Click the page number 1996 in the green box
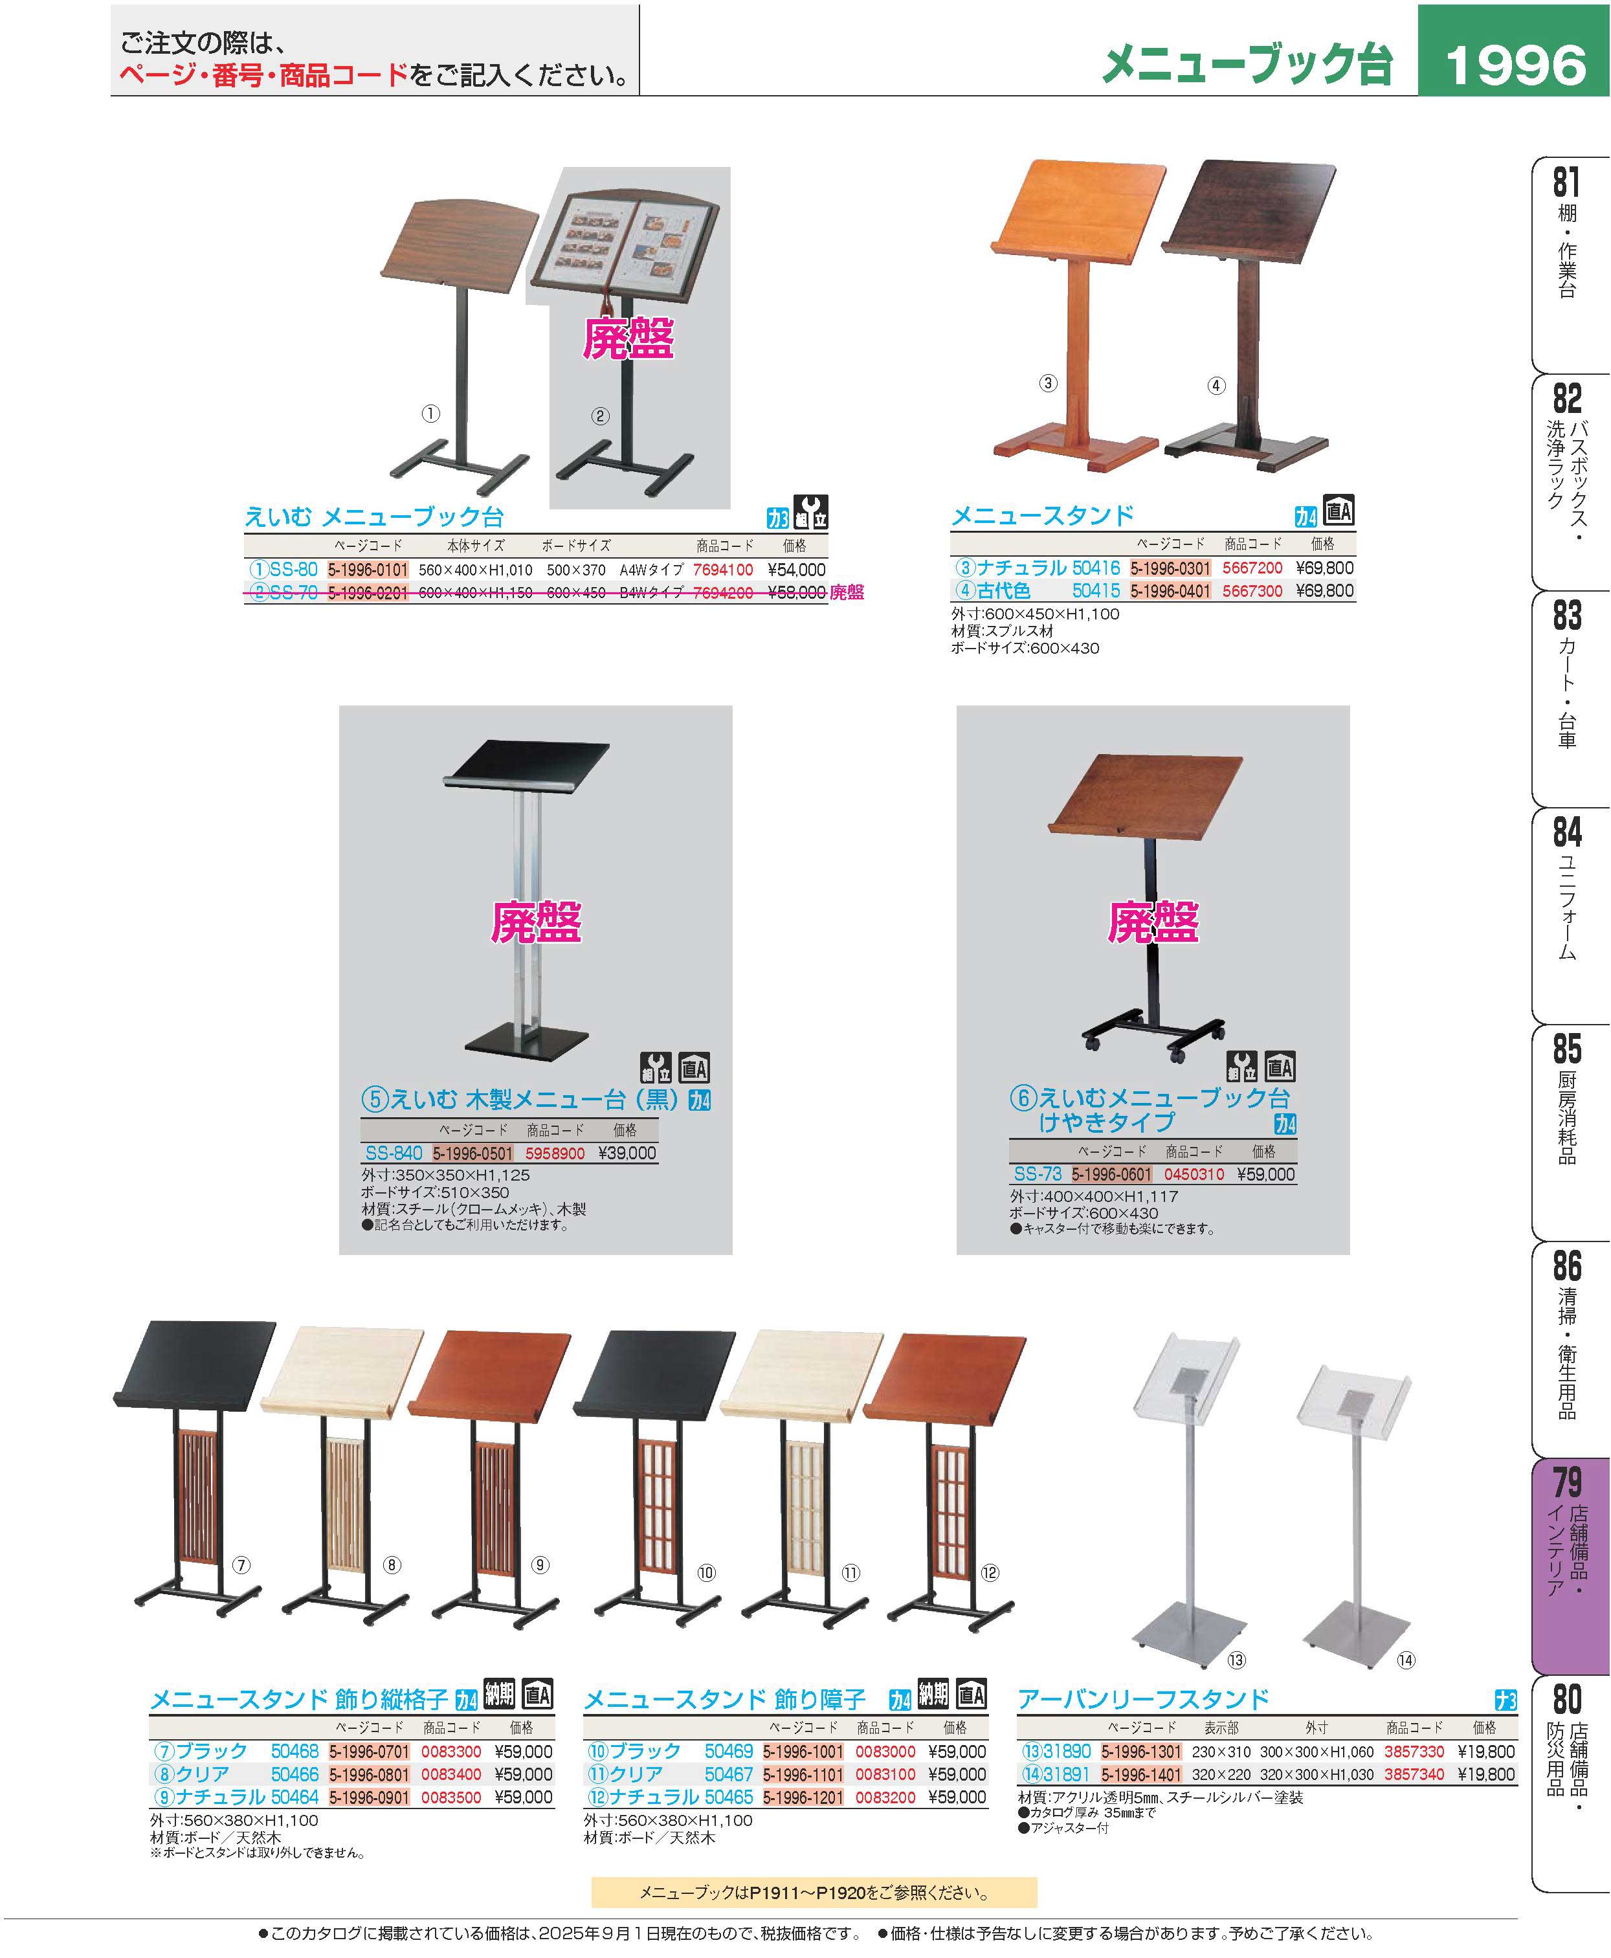tap(1515, 65)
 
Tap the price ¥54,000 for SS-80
tap(796, 570)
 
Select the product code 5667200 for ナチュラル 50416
tap(1252, 568)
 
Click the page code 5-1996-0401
tap(1170, 591)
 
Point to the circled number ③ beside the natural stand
tap(1048, 383)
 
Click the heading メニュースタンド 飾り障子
tap(724, 1699)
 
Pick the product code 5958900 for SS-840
tap(555, 1153)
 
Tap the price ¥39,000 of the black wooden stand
tap(627, 1153)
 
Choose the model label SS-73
tap(1038, 1174)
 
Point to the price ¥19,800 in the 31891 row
tap(1485, 1774)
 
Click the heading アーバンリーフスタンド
tap(1143, 1699)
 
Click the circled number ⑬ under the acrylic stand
tap(1236, 1660)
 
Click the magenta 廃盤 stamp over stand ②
tap(628, 338)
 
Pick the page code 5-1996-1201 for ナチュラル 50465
tap(804, 1797)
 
